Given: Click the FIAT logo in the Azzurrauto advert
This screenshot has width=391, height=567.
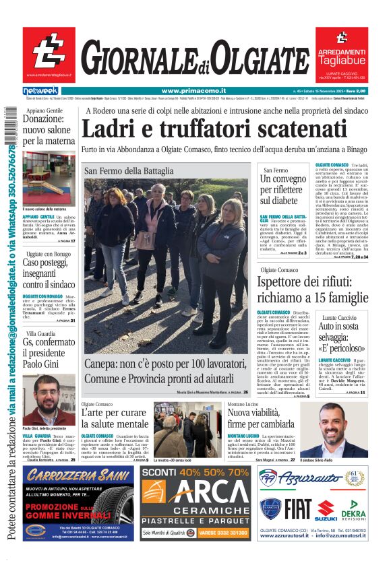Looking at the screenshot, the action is pos(297,510).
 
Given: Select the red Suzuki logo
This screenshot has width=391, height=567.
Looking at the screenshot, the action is pos(326,510).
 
